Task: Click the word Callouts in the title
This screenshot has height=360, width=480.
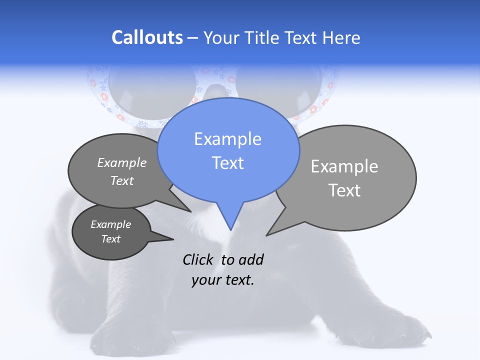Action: tap(147, 37)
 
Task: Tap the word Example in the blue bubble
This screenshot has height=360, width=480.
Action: tap(228, 139)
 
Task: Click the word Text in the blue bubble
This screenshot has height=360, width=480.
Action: tap(228, 163)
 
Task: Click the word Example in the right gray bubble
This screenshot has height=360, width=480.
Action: tap(344, 166)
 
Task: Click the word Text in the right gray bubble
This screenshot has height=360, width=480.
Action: tap(344, 190)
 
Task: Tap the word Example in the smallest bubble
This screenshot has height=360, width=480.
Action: tap(111, 224)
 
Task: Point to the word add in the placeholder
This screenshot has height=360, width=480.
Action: tap(250, 259)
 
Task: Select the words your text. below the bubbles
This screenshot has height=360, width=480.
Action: tap(223, 280)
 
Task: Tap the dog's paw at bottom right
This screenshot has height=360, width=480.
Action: tap(400, 332)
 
